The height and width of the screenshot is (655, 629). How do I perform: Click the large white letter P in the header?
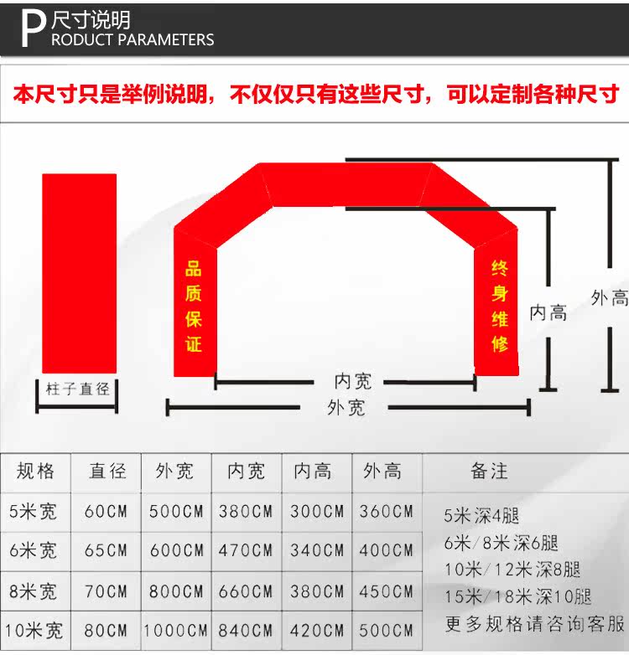click(32, 29)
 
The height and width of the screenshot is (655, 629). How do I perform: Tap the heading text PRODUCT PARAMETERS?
click(133, 39)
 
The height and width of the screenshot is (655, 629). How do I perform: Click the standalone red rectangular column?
click(80, 273)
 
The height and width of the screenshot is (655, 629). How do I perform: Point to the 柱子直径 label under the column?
click(78, 389)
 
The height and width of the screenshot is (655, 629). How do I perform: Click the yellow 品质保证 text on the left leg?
click(195, 307)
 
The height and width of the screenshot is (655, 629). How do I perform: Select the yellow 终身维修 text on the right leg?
click(500, 306)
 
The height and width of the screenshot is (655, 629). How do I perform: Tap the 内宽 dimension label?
click(352, 381)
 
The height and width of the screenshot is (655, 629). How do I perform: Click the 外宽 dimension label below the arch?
click(346, 408)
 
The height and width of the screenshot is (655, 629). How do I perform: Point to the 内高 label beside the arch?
click(548, 313)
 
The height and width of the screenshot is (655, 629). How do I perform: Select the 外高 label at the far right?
click(609, 297)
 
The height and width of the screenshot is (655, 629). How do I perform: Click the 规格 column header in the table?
click(36, 472)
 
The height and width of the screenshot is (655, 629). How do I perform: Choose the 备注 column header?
click(489, 472)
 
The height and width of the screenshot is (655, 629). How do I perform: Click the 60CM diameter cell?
click(106, 511)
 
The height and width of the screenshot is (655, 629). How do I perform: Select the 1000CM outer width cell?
click(175, 631)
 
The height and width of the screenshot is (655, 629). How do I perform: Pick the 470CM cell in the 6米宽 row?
click(246, 551)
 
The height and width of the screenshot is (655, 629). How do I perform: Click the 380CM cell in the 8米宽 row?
click(317, 591)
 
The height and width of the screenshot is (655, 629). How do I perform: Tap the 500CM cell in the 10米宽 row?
click(387, 631)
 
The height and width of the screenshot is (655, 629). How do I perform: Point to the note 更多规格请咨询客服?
click(534, 624)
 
